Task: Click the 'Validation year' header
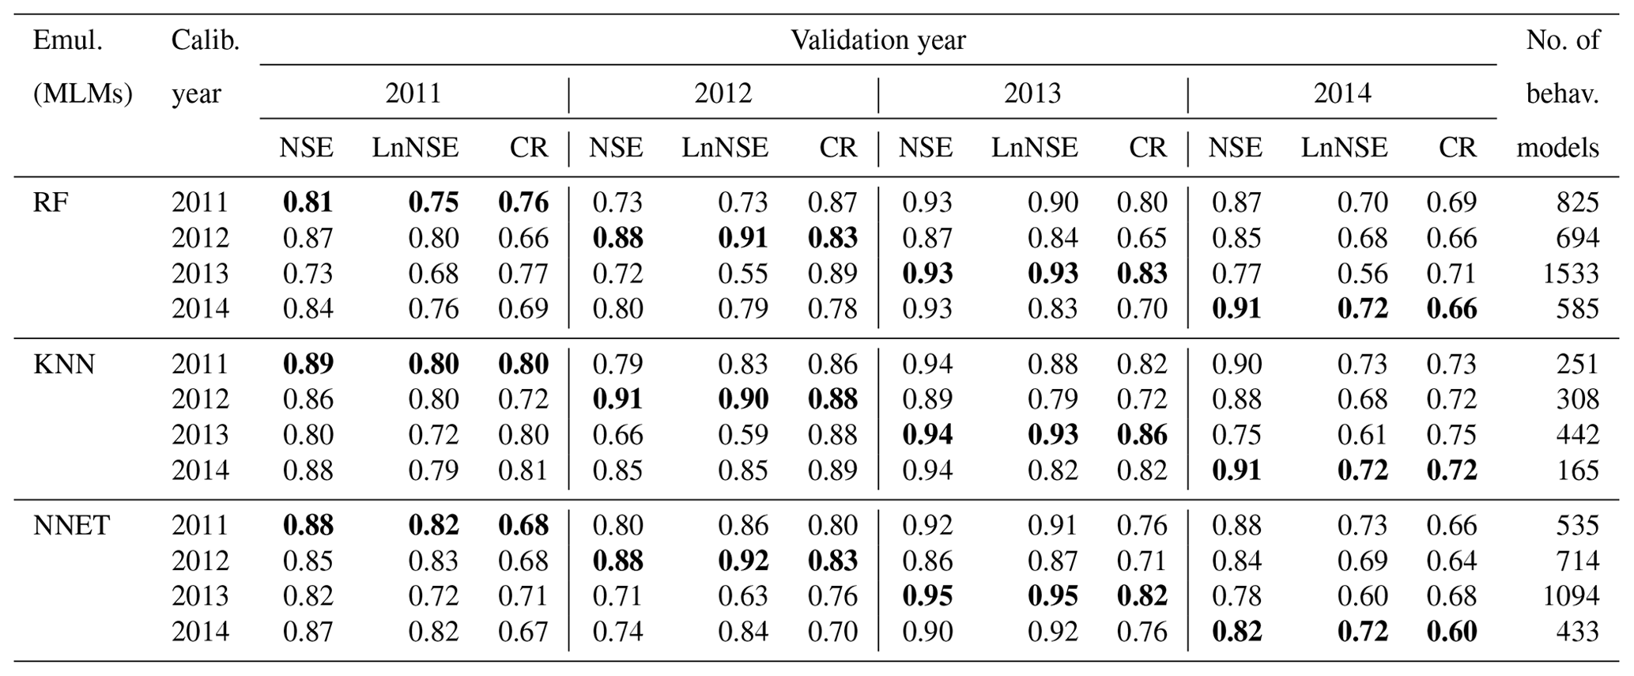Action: [x=877, y=40]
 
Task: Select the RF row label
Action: [x=51, y=202]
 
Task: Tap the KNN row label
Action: [x=64, y=364]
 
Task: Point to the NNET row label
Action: [x=71, y=525]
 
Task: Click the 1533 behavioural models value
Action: [x=1570, y=274]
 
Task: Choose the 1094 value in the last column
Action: [x=1570, y=596]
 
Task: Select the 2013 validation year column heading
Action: [x=1032, y=94]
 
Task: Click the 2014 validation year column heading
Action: [x=1342, y=94]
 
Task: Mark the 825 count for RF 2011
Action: [x=1577, y=202]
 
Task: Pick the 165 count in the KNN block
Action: [x=1577, y=470]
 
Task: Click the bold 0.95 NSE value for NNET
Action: [x=927, y=596]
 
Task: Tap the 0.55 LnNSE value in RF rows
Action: [x=742, y=274]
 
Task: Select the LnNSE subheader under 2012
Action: [x=725, y=148]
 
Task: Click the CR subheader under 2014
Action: [x=1457, y=148]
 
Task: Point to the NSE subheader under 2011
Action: [x=306, y=148]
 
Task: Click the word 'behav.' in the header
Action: [x=1562, y=94]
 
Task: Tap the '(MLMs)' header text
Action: [x=82, y=94]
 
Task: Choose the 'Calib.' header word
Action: [x=205, y=40]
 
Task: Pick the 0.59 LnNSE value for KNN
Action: [x=742, y=435]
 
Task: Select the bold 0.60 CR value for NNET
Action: [x=1451, y=632]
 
